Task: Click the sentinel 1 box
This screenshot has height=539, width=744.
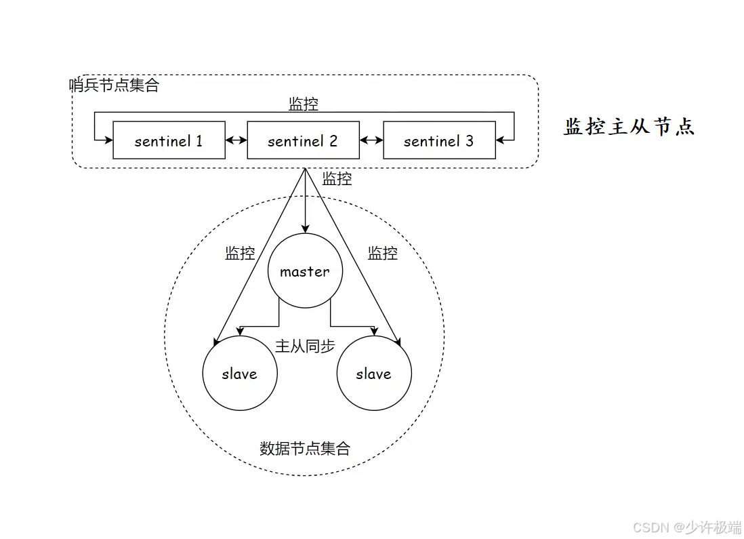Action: click(169, 140)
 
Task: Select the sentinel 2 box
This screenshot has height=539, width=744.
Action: click(303, 140)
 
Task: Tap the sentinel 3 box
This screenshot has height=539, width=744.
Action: click(439, 140)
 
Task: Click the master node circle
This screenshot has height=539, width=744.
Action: click(305, 271)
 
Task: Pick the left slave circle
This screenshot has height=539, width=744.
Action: click(240, 373)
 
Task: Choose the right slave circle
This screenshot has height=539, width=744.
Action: click(374, 373)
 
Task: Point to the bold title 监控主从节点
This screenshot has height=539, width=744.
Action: click(629, 127)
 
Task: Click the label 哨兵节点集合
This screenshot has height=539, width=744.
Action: click(115, 85)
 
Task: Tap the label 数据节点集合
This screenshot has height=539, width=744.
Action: click(305, 448)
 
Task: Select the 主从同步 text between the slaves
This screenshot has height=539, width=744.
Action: click(305, 346)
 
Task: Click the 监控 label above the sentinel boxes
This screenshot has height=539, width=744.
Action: click(304, 104)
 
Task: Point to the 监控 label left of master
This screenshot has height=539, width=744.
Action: click(240, 253)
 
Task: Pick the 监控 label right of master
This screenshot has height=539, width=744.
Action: click(382, 253)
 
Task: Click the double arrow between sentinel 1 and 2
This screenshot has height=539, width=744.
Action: click(236, 140)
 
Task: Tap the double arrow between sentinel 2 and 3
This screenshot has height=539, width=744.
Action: click(371, 140)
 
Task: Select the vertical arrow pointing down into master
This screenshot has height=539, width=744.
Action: click(306, 203)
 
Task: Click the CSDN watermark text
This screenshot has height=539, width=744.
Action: click(686, 527)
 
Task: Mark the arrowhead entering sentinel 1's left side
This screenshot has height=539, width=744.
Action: click(108, 140)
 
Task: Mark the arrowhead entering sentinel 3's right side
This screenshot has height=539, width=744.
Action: click(501, 140)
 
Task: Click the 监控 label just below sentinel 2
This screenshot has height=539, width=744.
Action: click(337, 179)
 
